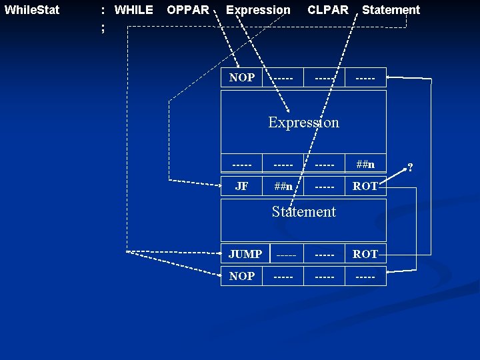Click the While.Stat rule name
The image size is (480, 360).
coord(31,10)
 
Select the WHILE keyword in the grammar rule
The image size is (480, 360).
coord(133,10)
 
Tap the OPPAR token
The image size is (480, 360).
coord(187,10)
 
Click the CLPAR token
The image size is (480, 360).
coord(327,10)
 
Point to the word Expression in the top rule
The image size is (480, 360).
coord(258,10)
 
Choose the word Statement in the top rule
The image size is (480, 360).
coord(391,10)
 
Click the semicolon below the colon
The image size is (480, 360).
coord(103,27)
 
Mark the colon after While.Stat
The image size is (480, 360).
coord(102,10)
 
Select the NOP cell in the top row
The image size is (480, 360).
coord(241,77)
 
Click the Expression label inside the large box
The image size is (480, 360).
coord(303,122)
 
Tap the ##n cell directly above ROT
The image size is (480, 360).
coord(365,165)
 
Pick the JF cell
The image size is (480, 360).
coord(241,187)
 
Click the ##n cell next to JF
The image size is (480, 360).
coord(283,187)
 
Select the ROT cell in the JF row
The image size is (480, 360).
coord(365,187)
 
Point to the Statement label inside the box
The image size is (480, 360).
coord(303,212)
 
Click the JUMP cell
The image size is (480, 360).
coord(245,254)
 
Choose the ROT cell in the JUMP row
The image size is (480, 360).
coord(365,254)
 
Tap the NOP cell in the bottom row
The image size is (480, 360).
coord(241,276)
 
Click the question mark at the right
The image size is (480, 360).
coord(410,167)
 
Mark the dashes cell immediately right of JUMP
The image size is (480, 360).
coord(285,254)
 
